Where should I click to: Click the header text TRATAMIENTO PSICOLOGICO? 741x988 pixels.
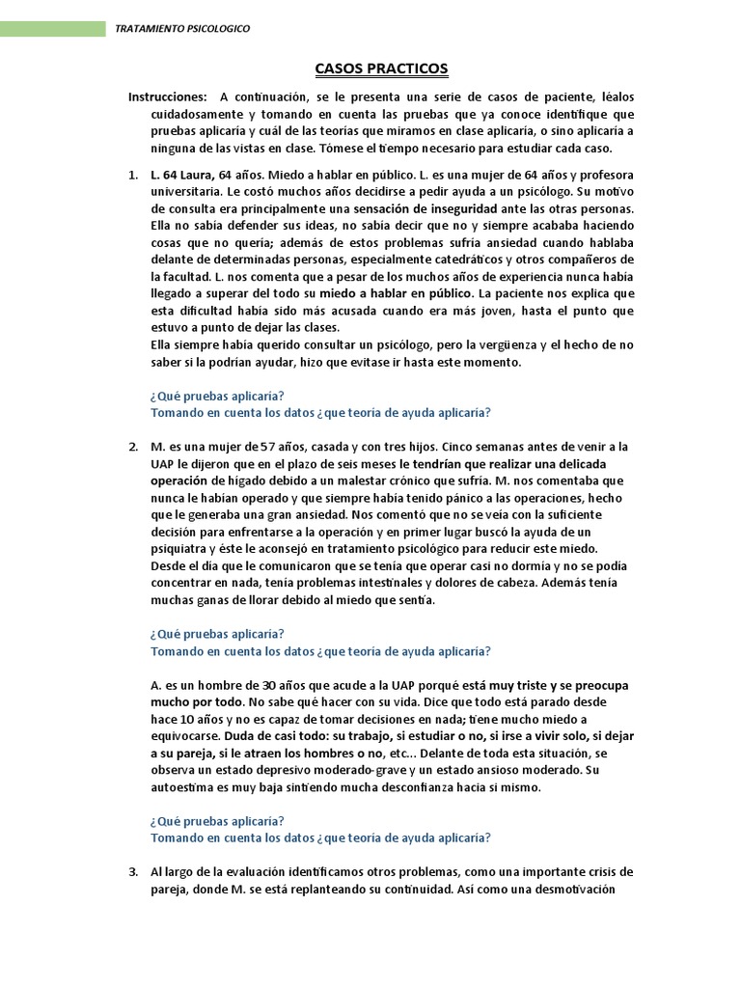pos(182,29)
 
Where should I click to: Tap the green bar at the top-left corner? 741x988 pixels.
pos(53,29)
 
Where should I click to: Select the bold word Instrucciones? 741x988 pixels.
pos(167,97)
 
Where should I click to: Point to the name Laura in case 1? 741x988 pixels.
pos(196,175)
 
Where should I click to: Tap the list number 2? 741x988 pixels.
pos(133,446)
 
